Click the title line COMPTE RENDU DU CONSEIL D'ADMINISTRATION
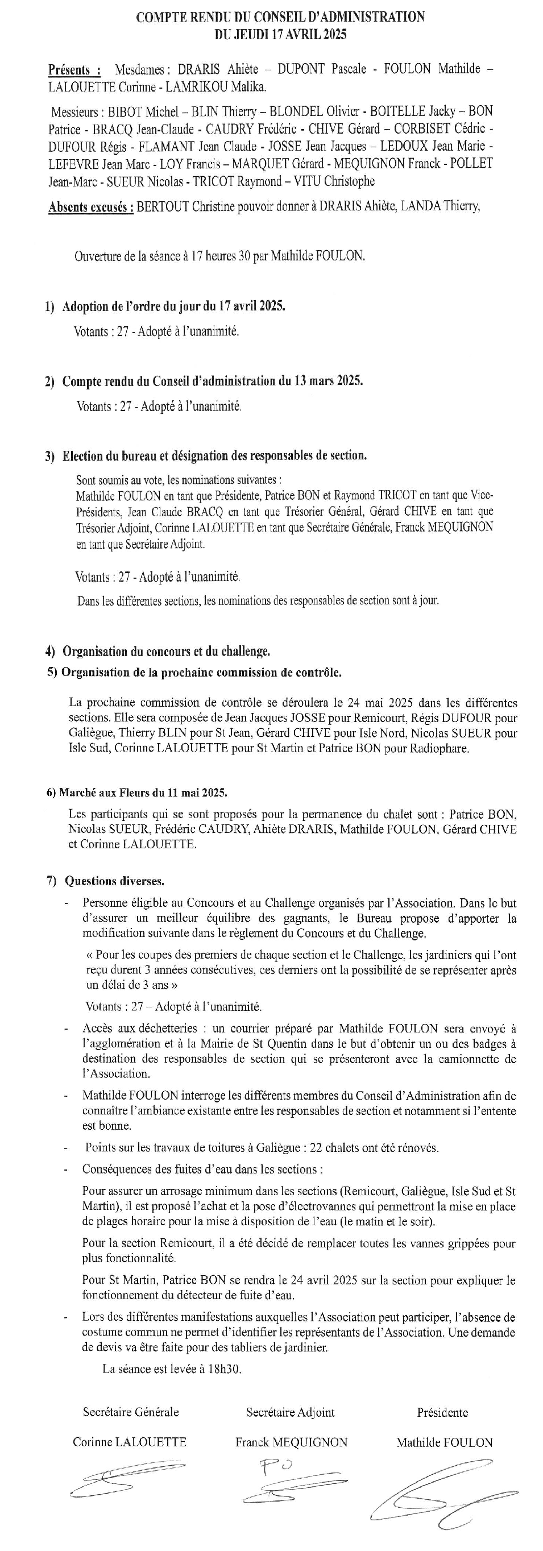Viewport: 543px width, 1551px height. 280,18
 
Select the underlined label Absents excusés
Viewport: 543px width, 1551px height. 91,207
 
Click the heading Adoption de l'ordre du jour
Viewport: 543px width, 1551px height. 173,306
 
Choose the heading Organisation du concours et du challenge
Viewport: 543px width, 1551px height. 166,652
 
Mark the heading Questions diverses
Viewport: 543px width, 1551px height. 114,881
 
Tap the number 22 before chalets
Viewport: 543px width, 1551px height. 316,1147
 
